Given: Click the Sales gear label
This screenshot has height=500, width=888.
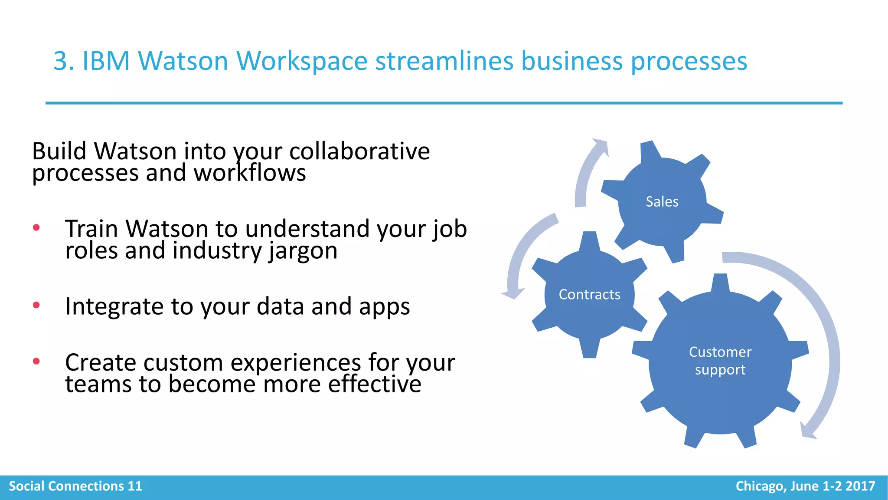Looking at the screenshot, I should coord(662,202).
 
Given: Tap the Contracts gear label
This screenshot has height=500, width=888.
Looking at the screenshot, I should coord(589,295).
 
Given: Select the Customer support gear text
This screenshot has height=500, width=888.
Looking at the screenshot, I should coord(720,361).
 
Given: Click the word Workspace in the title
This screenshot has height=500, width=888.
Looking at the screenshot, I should coord(302,61).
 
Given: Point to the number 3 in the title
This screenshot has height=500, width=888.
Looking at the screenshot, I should coord(61,61).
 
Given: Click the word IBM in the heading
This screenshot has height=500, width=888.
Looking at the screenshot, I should coord(106,61).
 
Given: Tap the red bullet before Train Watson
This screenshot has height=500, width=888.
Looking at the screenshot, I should coord(36,227).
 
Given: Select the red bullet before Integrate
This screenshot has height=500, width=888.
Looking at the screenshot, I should coord(36,305).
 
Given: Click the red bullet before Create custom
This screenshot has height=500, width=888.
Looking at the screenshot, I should coord(36,361).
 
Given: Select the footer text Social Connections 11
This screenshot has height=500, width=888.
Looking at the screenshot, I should coord(75,486).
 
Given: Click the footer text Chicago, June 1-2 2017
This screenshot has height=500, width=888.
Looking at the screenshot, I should coord(805,486).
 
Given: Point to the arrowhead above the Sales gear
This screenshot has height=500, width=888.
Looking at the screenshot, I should coord(601,146).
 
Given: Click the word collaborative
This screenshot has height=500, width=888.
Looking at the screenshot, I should coord(359,151).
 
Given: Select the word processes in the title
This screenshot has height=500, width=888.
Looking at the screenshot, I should coord(689,61).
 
